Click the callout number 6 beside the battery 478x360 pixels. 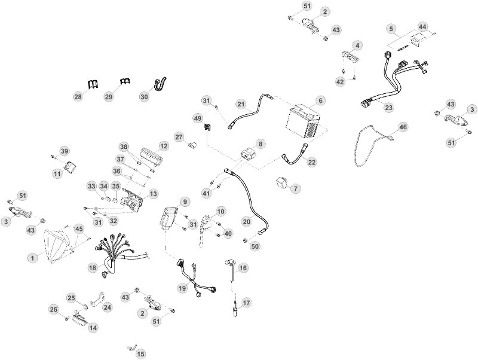pyautogui.click(x=320, y=100)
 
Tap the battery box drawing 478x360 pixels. pyautogui.click(x=303, y=122)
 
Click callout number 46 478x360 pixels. pyautogui.click(x=403, y=127)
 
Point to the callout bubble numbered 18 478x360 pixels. pyautogui.click(x=93, y=268)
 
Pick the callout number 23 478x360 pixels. pyautogui.click(x=389, y=108)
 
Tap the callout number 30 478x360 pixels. pyautogui.click(x=145, y=96)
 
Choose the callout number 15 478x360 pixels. pyautogui.click(x=141, y=354)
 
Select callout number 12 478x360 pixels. pyautogui.click(x=164, y=146)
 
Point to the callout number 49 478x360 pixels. pyautogui.click(x=198, y=118)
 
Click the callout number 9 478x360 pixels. pyautogui.click(x=185, y=202)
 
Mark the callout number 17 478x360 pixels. pyautogui.click(x=246, y=303)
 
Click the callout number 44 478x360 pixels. pyautogui.click(x=422, y=27)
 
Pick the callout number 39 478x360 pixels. pyautogui.click(x=65, y=151)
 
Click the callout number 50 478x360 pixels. pyautogui.click(x=255, y=246)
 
